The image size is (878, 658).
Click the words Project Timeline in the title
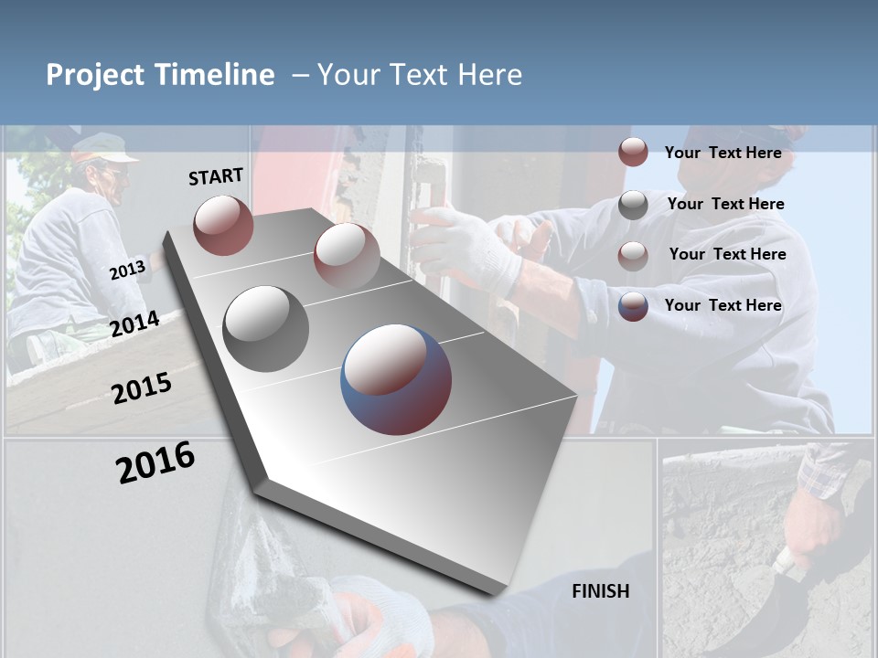[160, 75]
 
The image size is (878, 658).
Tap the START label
[216, 176]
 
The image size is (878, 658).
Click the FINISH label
[601, 591]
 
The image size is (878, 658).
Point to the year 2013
[127, 271]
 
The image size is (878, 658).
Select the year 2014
[135, 324]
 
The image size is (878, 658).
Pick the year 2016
[155, 462]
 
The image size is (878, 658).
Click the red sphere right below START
[223, 225]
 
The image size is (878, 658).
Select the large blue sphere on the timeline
[396, 379]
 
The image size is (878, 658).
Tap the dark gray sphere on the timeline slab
[266, 329]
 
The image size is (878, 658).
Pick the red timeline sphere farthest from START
[347, 256]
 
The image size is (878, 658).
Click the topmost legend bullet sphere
[633, 153]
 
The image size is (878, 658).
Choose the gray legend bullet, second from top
[633, 205]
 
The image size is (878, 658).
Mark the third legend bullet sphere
[633, 256]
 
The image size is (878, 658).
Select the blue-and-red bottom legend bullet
[633, 306]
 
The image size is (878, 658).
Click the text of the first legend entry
[723, 153]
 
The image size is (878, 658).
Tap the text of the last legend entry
[723, 305]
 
